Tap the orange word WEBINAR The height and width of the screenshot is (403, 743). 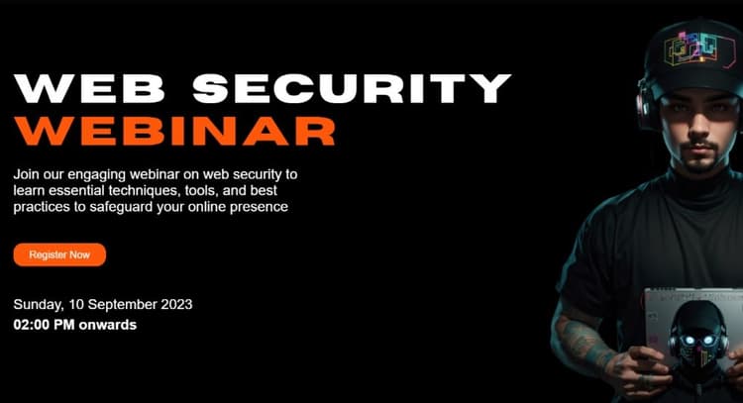point(174,131)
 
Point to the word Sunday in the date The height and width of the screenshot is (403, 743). point(38,304)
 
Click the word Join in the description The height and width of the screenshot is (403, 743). point(28,173)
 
